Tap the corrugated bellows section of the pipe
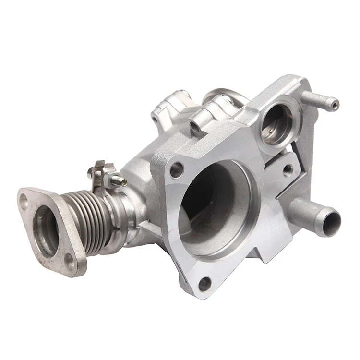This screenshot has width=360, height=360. (91, 218)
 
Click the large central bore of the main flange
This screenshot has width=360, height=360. (214, 202)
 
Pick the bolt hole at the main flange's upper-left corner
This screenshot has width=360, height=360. (177, 169)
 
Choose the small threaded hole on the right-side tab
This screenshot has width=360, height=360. (288, 169)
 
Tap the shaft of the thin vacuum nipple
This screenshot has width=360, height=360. (317, 100)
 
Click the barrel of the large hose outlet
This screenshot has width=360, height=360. (310, 211)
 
